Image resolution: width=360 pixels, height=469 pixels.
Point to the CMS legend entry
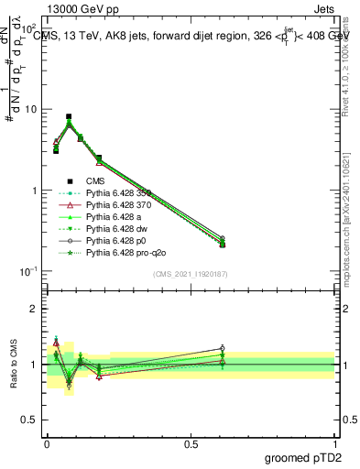[96, 181]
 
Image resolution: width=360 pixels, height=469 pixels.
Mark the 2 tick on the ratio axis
[34, 309]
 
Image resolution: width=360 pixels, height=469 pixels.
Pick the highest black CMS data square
[69, 117]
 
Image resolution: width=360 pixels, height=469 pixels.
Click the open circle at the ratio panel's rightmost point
[223, 348]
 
